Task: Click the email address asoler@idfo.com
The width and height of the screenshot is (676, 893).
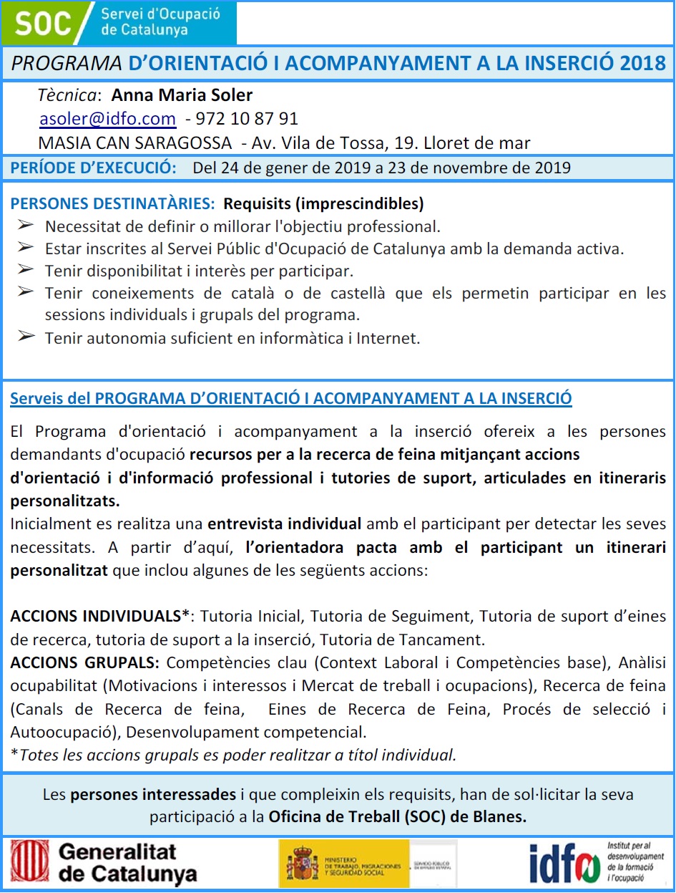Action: coord(107,119)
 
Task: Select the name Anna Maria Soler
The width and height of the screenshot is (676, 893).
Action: coord(182,95)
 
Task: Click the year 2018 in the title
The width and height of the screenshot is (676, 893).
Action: coord(643,63)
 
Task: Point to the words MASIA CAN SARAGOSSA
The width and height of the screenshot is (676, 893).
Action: coord(134,143)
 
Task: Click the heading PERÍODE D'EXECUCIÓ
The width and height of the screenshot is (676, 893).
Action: coord(94,169)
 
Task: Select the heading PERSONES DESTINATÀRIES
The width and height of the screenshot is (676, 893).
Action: coord(112,204)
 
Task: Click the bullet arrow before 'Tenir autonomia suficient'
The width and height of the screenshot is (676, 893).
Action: coord(26,337)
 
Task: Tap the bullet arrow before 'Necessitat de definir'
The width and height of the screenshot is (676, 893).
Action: coord(26,226)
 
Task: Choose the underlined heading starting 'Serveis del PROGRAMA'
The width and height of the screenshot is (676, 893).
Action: coord(290,399)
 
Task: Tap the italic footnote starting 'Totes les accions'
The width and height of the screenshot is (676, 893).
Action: coord(236,755)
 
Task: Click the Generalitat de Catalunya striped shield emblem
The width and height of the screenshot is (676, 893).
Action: coord(30,861)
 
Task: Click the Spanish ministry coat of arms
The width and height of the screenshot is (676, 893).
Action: coord(302,864)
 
